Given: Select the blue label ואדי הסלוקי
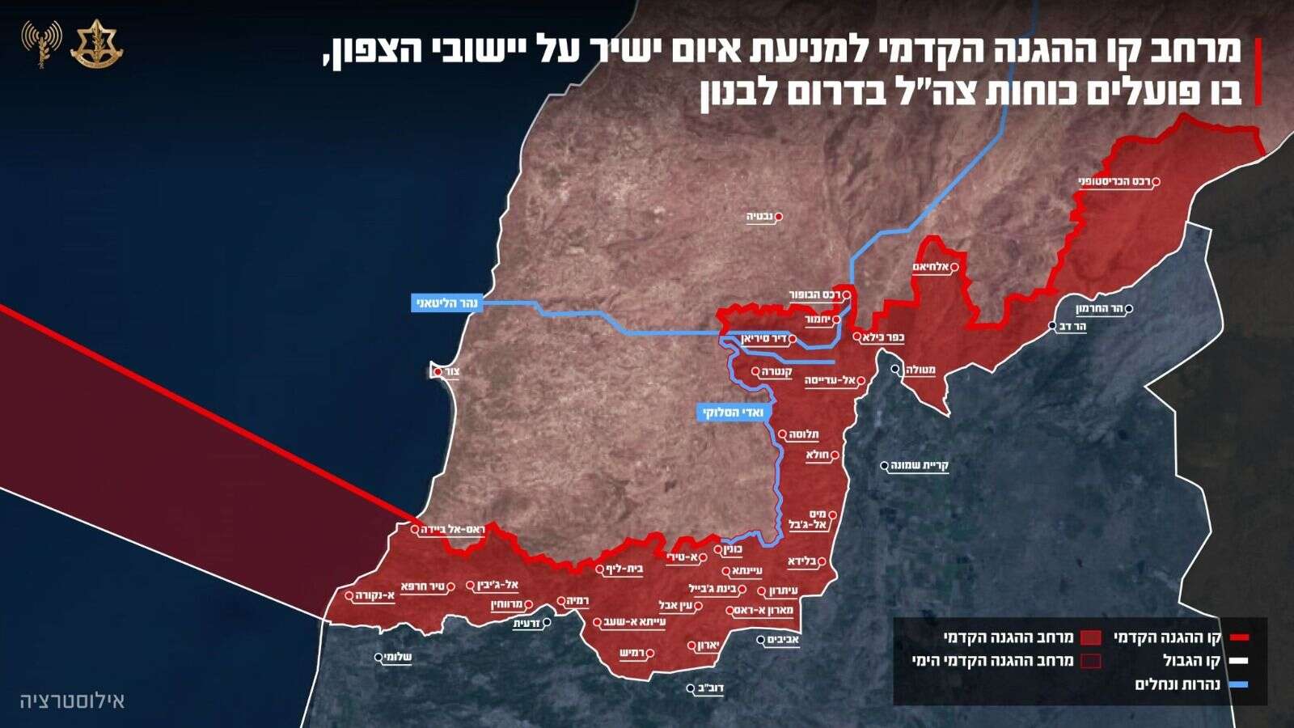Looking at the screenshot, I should click(x=734, y=413).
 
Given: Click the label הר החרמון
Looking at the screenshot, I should click(x=1101, y=309).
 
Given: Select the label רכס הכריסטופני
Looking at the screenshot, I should click(x=1115, y=182).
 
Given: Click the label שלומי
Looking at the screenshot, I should click(x=397, y=658).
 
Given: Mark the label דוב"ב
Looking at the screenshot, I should click(x=710, y=689).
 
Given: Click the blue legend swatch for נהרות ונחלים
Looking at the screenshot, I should click(x=1237, y=684).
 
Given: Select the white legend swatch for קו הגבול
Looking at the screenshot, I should click(x=1237, y=661).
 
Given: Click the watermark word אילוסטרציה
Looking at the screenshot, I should click(x=73, y=700).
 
